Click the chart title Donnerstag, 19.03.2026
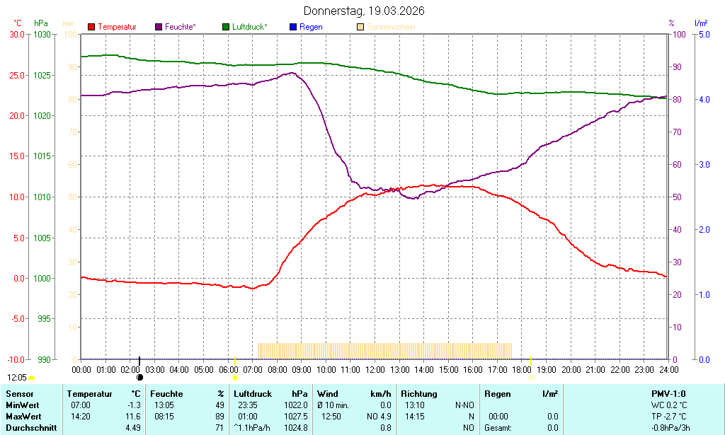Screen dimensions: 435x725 365,11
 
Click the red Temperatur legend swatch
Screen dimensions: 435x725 91,27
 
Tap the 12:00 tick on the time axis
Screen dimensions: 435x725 375,369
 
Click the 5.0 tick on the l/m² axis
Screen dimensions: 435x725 704,34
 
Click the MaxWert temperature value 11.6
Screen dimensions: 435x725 134,416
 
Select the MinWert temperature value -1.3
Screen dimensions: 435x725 134,405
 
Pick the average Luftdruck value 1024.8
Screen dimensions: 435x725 296,427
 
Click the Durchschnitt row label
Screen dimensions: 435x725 31,427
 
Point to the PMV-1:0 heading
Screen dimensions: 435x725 668,393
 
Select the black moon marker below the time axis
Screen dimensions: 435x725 139,378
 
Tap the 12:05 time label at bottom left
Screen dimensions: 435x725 17,378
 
